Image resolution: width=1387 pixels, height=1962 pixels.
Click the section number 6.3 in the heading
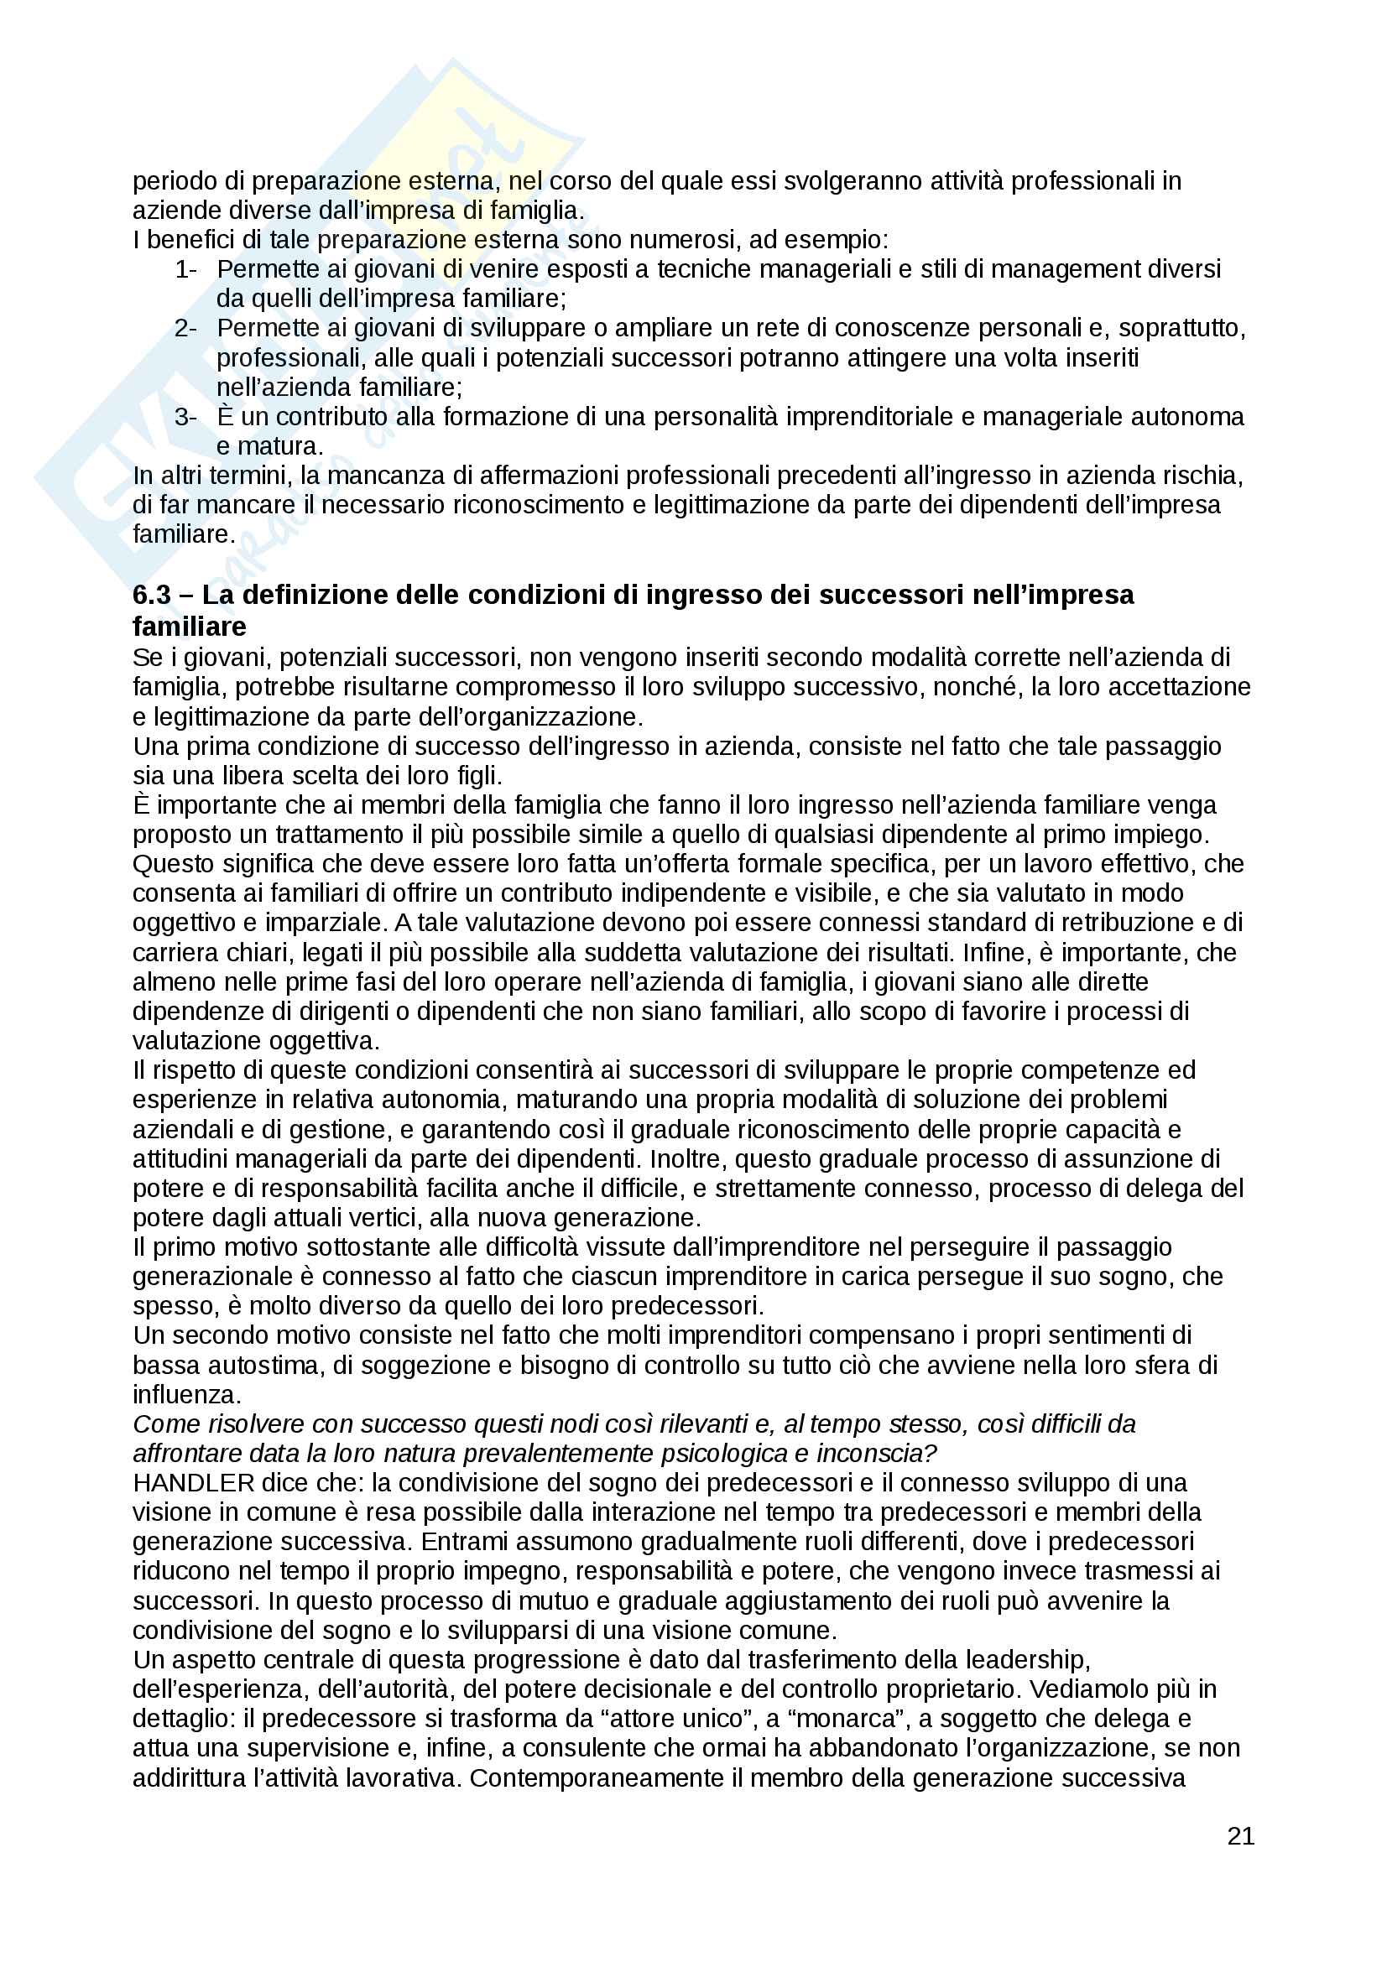pos(152,595)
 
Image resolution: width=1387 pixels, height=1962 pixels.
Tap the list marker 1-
pos(185,269)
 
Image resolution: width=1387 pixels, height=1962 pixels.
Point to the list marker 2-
pos(185,328)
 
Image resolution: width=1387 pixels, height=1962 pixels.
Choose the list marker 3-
pos(185,417)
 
